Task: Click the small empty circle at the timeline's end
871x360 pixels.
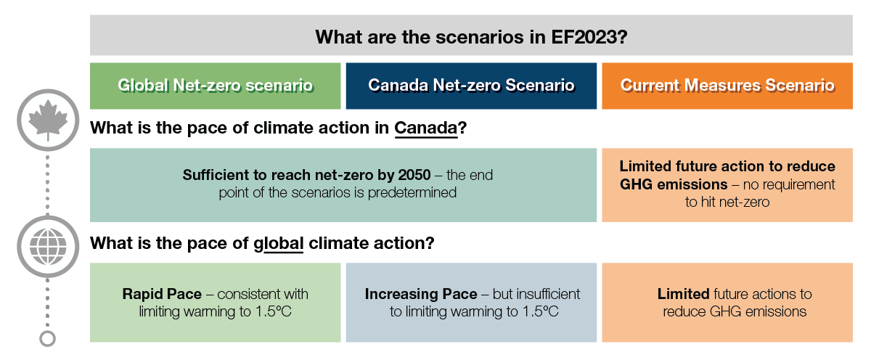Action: point(47,338)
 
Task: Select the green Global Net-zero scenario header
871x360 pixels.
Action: point(215,86)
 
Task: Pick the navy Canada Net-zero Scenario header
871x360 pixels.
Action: point(471,86)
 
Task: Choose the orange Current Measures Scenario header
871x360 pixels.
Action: point(727,86)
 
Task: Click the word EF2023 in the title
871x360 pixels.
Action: point(585,37)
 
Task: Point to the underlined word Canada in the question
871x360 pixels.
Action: point(426,128)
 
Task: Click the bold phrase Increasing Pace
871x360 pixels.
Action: point(421,294)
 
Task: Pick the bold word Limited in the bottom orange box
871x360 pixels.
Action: point(683,294)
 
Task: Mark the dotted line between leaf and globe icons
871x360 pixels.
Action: point(47,181)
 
